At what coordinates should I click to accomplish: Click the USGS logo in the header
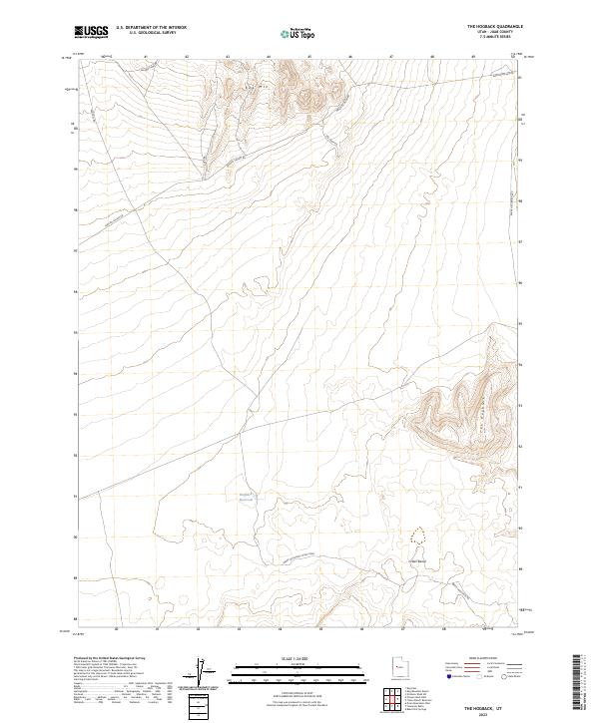[x=91, y=32]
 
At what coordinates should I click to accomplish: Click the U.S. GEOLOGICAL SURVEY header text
[x=148, y=33]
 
